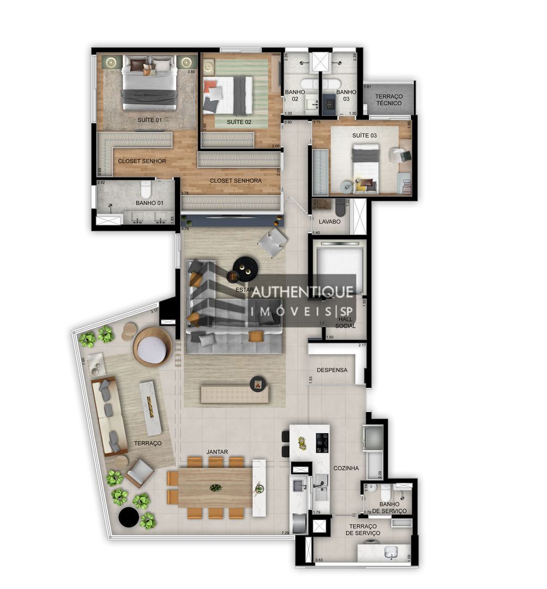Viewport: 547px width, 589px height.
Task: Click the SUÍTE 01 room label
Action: pyautogui.click(x=149, y=119)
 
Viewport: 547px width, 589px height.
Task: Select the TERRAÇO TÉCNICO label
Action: pyautogui.click(x=389, y=100)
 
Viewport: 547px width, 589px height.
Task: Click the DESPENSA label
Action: pyautogui.click(x=332, y=370)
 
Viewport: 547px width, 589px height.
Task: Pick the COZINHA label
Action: pyautogui.click(x=346, y=468)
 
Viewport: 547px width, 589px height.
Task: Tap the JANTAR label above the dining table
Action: pyautogui.click(x=217, y=452)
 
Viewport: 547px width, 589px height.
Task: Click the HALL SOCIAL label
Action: pyautogui.click(x=345, y=322)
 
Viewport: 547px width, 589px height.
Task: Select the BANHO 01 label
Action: pyautogui.click(x=149, y=203)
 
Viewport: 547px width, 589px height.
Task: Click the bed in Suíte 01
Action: pyautogui.click(x=149, y=82)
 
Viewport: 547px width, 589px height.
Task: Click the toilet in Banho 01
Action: pyautogui.click(x=146, y=189)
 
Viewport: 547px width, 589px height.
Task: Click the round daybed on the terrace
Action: pyautogui.click(x=152, y=347)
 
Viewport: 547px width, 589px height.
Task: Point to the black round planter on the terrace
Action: pyautogui.click(x=129, y=517)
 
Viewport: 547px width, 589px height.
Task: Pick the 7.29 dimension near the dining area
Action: pyautogui.click(x=285, y=532)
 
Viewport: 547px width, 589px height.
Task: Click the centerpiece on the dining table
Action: pyautogui.click(x=216, y=488)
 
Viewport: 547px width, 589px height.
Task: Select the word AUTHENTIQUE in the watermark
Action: pyautogui.click(x=302, y=292)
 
